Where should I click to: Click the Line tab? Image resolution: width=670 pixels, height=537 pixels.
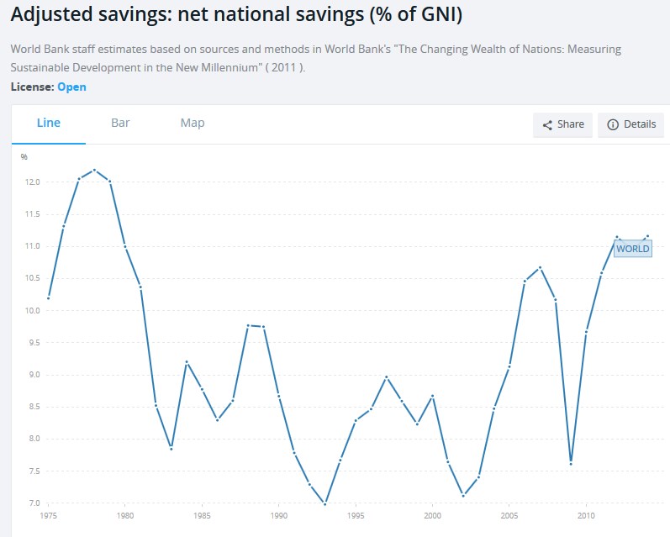(49, 123)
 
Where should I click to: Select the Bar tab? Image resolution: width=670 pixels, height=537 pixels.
(120, 123)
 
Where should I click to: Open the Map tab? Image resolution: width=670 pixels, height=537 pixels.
(193, 123)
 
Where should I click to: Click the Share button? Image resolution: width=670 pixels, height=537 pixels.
(563, 124)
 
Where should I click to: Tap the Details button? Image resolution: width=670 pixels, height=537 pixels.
(631, 124)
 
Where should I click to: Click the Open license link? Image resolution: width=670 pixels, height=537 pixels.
(71, 87)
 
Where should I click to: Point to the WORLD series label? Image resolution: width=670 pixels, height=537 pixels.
(632, 249)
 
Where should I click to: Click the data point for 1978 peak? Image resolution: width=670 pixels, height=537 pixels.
(94, 170)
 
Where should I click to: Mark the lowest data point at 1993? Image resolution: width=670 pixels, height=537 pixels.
(324, 503)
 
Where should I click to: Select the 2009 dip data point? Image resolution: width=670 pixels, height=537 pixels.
(571, 463)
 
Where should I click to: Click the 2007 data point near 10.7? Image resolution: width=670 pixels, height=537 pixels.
(540, 267)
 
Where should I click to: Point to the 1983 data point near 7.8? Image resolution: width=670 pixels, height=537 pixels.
(171, 449)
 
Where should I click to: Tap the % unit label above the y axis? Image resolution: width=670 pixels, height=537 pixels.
(24, 156)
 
